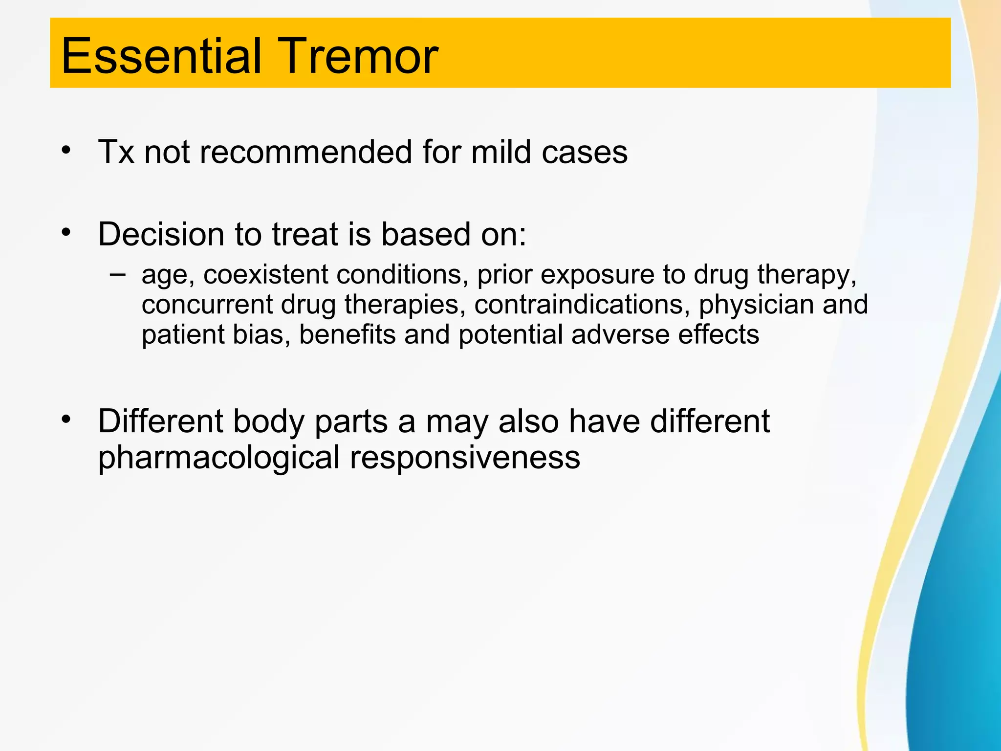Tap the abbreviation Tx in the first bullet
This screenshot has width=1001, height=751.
116,152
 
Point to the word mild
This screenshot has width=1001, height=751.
500,152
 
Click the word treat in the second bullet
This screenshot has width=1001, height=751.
305,234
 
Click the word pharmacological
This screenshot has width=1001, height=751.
218,459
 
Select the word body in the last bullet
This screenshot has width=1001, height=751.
268,421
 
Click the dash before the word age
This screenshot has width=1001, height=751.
117,274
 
